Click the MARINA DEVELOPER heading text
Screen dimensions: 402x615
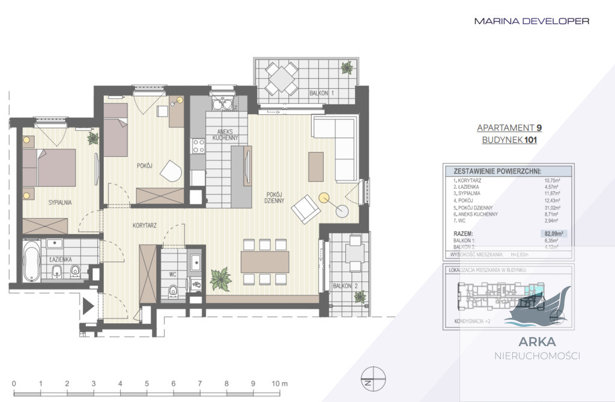(x=532, y=21)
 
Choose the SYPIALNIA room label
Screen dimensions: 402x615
(x=60, y=203)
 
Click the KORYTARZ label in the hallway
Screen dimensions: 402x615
(x=145, y=226)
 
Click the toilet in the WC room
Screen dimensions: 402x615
(x=174, y=291)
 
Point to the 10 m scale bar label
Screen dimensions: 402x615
(x=279, y=383)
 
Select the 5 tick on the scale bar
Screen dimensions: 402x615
(x=147, y=383)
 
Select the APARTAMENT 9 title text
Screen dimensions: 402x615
(x=509, y=127)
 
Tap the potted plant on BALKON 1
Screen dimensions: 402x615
(x=347, y=68)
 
